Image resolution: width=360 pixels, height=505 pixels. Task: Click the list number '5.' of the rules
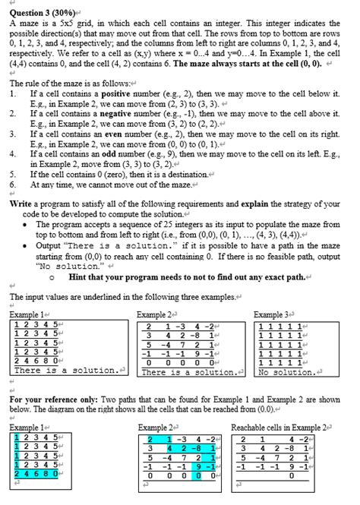pos(14,173)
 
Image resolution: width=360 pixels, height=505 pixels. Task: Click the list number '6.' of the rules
pos(14,183)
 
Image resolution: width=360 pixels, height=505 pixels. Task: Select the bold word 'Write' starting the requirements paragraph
pos(22,204)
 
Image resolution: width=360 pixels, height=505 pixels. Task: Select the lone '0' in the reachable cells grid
pos(290,475)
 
